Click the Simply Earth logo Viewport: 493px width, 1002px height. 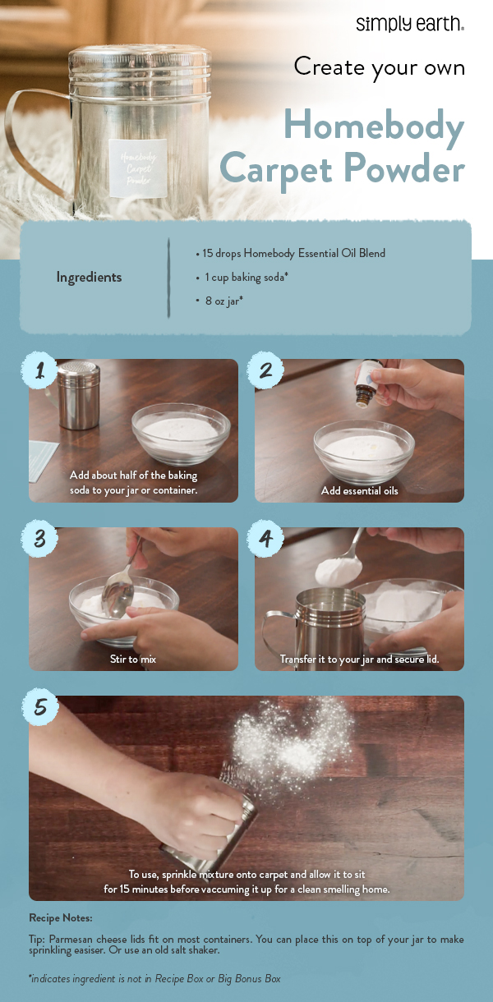pyautogui.click(x=409, y=24)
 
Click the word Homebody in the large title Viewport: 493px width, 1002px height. pyautogui.click(x=373, y=126)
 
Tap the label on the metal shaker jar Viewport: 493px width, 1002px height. pyautogui.click(x=137, y=168)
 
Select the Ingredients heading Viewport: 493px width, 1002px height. pyautogui.click(x=89, y=278)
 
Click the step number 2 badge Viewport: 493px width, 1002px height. pyautogui.click(x=265, y=371)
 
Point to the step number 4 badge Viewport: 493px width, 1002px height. pyautogui.click(x=265, y=540)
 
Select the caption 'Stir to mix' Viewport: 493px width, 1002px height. pyautogui.click(x=133, y=659)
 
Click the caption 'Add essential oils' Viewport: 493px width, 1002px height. pyautogui.click(x=359, y=490)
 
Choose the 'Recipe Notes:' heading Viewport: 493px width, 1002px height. pyautogui.click(x=61, y=918)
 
